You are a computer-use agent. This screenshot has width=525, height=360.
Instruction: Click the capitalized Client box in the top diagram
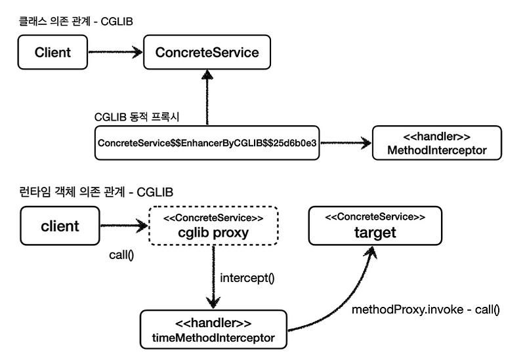[52, 52]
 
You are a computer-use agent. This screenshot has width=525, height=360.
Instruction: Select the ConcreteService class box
[207, 52]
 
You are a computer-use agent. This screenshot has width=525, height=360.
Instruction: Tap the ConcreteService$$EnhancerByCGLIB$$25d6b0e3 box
[207, 142]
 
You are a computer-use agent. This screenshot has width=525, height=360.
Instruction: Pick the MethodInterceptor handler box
[438, 142]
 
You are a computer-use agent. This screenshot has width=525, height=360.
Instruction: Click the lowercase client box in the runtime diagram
[60, 226]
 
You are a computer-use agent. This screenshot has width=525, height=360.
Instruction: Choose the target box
[376, 226]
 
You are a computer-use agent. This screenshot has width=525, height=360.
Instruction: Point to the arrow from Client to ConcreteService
[115, 52]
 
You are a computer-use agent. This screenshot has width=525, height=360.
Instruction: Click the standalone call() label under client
[121, 255]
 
